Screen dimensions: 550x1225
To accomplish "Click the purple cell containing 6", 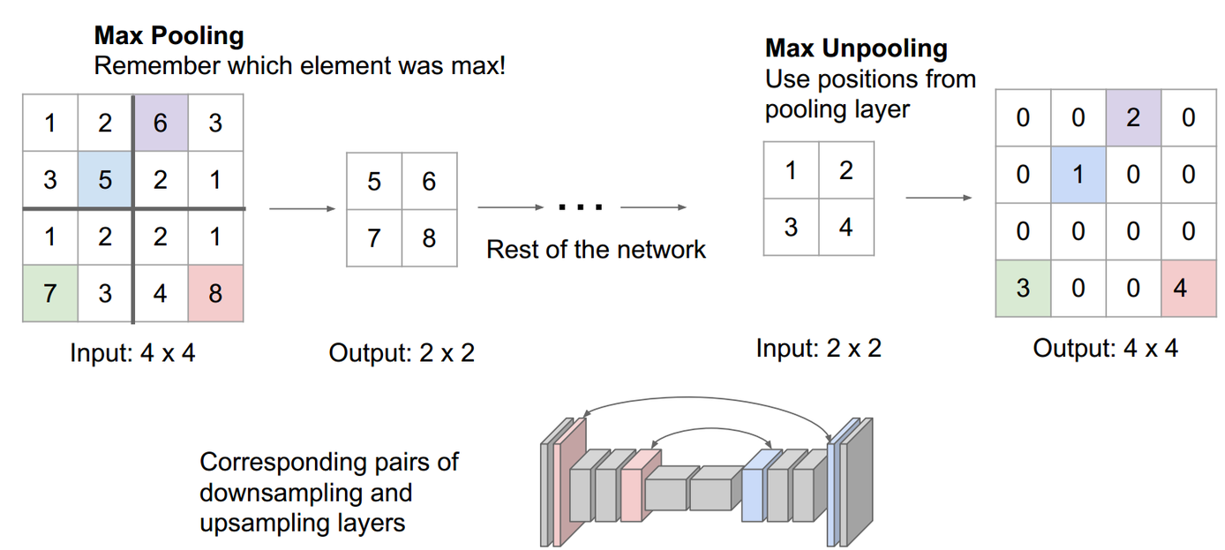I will (160, 123).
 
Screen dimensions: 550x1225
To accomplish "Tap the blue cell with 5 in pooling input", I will (105, 179).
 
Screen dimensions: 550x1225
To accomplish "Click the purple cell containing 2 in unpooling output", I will (1133, 117).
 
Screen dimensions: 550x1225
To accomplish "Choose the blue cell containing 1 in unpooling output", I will (1078, 174).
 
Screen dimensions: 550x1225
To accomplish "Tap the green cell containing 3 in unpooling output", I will (1023, 287).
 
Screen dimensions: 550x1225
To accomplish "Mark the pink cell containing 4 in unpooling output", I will (1188, 287).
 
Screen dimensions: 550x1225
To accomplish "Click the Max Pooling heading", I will (169, 37).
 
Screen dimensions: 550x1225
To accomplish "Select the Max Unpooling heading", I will (855, 48).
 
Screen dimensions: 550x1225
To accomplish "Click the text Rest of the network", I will (596, 249).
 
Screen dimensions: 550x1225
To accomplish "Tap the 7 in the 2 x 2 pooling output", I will (374, 237).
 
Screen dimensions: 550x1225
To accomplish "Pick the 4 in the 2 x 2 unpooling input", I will (845, 227).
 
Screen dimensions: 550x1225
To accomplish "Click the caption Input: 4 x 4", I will (132, 353).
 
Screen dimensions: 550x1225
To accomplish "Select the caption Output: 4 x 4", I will (1105, 348).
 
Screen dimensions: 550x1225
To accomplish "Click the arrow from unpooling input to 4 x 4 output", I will (939, 198).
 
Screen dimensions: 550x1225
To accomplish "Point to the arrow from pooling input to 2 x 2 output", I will (302, 209).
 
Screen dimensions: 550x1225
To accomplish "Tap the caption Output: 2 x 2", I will (402, 353).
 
